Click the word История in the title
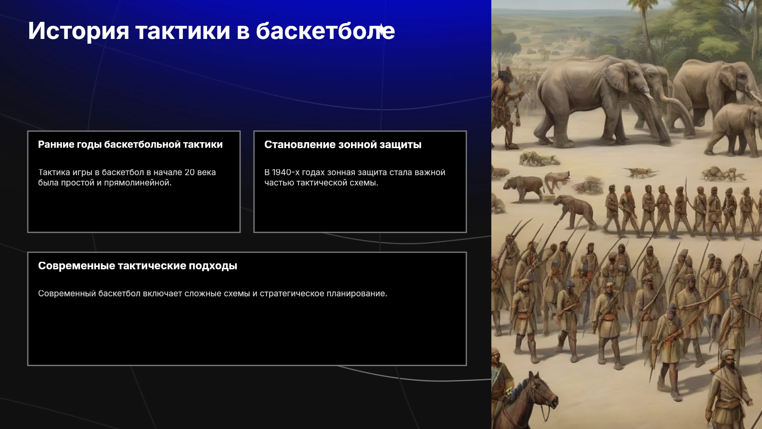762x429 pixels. click(79, 31)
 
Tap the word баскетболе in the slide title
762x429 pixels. click(325, 31)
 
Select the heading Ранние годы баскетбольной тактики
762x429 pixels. click(130, 145)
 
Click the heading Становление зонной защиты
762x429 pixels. click(343, 145)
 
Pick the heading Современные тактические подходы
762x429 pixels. click(138, 266)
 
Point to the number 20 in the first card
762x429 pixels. click(190, 172)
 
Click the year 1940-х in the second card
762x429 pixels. click(286, 172)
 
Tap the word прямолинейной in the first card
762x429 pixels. click(138, 183)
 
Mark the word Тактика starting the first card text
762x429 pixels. click(54, 172)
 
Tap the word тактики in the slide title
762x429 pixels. click(183, 31)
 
